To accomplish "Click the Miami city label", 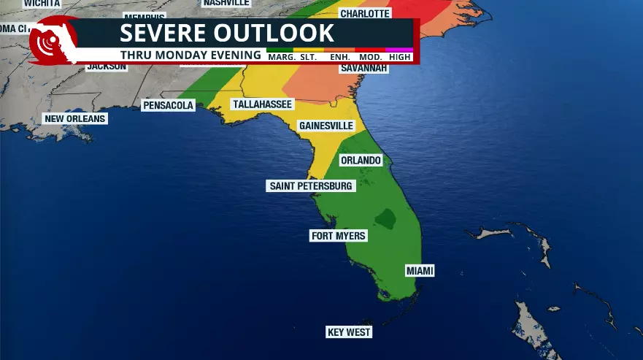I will pyautogui.click(x=420, y=271).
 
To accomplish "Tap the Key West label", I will pyautogui.click(x=349, y=332).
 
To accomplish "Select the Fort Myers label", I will pyautogui.click(x=338, y=236).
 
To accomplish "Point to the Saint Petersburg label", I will pyautogui.click(x=311, y=186).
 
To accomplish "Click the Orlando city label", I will pyautogui.click(x=361, y=160).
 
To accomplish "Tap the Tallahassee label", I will pyautogui.click(x=261, y=104).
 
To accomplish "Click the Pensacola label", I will pyautogui.click(x=168, y=105).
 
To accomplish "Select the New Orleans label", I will pyautogui.click(x=74, y=118).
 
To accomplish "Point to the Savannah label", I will pyautogui.click(x=363, y=69).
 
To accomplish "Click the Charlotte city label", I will pyautogui.click(x=365, y=13).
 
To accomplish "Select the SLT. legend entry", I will pyautogui.click(x=308, y=56).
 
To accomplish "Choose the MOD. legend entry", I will pyautogui.click(x=371, y=56).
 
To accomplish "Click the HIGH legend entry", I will pyautogui.click(x=400, y=56).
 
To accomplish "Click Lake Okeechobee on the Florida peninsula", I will pyautogui.click(x=384, y=217).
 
